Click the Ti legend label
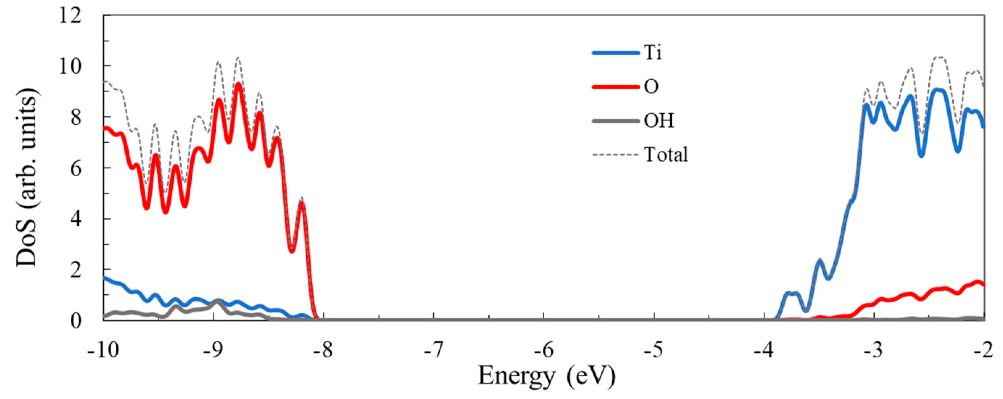tap(652, 52)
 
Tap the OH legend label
tap(658, 121)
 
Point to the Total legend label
tap(666, 155)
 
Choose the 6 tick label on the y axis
tap(76, 168)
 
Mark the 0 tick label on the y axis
tap(76, 320)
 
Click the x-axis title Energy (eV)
tap(546, 377)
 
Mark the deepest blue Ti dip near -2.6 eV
tap(921, 156)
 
